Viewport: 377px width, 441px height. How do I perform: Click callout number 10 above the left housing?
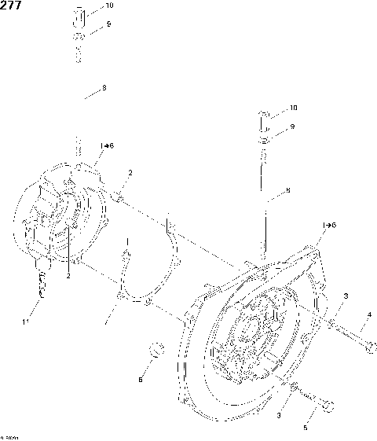tap(108, 6)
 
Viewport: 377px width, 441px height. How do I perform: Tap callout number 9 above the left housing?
tap(108, 24)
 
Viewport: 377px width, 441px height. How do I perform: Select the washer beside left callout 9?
tap(79, 38)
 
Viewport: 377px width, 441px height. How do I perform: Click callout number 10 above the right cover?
tap(293, 107)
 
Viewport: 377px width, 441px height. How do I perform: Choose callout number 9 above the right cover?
tap(292, 127)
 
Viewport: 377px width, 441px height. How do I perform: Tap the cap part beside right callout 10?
tap(265, 118)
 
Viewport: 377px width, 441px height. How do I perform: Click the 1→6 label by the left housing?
tap(107, 146)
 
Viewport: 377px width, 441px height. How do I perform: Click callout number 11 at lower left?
tap(26, 322)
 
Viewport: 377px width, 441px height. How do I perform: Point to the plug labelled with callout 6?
tap(156, 347)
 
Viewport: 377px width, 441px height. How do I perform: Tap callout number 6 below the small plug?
tap(141, 380)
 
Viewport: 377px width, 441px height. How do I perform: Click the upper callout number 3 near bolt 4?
tap(345, 296)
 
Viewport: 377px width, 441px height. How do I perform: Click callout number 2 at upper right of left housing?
tap(130, 173)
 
